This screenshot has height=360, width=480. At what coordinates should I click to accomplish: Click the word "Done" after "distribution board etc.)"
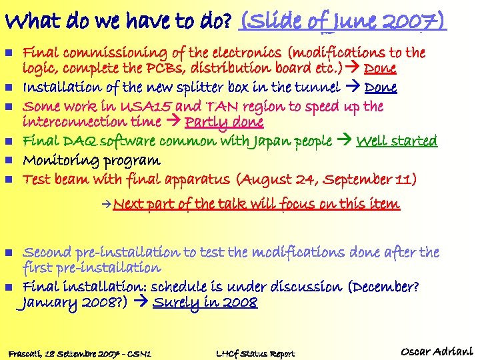pyautogui.click(x=381, y=69)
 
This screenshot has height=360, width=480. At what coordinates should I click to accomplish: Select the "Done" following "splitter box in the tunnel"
pyautogui.click(x=381, y=87)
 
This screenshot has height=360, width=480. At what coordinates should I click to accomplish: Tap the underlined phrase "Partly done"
pyautogui.click(x=224, y=122)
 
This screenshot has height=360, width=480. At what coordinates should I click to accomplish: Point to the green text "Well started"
pyautogui.click(x=397, y=141)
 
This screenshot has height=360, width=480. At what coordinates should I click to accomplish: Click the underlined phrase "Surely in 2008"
pyautogui.click(x=205, y=303)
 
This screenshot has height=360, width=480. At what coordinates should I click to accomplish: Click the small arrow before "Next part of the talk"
pyautogui.click(x=107, y=203)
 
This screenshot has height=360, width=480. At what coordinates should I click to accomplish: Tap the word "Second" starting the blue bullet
pyautogui.click(x=47, y=253)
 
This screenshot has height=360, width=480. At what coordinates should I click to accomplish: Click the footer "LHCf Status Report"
pyautogui.click(x=255, y=353)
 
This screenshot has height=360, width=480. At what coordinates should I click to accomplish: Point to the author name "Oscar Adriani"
pyautogui.click(x=437, y=351)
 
